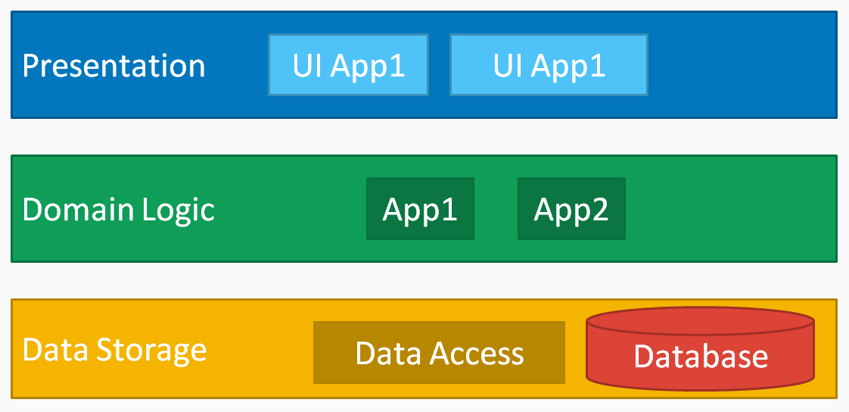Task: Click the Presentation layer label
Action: click(x=114, y=66)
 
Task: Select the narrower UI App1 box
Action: click(x=348, y=65)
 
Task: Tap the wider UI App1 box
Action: click(x=549, y=65)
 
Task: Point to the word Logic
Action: click(x=178, y=211)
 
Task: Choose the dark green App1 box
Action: click(x=420, y=209)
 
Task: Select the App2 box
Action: click(x=572, y=209)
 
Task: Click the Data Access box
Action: click(x=439, y=352)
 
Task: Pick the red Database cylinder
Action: click(x=701, y=350)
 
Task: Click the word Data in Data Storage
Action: click(x=55, y=350)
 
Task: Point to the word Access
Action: click(x=477, y=354)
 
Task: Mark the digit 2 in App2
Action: click(x=599, y=209)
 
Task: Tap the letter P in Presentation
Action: click(x=30, y=66)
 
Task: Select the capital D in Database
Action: click(x=645, y=357)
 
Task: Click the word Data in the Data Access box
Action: click(x=387, y=354)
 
